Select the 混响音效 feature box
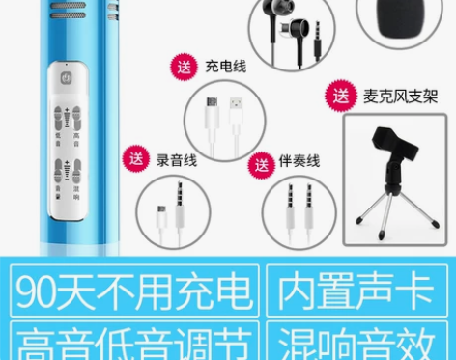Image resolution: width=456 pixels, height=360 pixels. [x=357, y=341]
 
